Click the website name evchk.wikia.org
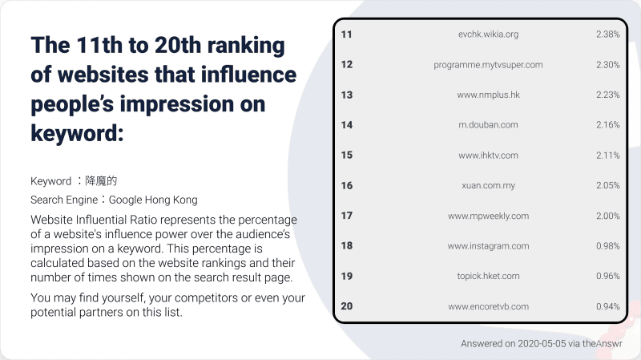(x=488, y=34)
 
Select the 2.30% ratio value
(x=607, y=65)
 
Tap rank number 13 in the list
(x=347, y=95)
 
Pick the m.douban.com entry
(x=488, y=125)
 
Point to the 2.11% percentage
(x=607, y=155)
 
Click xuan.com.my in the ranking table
(x=488, y=186)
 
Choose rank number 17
(x=347, y=216)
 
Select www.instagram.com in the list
(x=488, y=246)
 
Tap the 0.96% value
(x=607, y=276)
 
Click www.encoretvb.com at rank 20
(x=488, y=306)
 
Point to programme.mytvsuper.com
(x=488, y=65)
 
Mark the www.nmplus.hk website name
(x=488, y=95)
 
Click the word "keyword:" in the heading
(x=77, y=133)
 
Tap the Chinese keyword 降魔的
(x=101, y=181)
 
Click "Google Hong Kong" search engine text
(x=153, y=200)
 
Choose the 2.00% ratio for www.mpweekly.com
(x=607, y=216)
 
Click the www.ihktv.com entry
(x=488, y=156)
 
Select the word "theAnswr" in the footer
(x=603, y=344)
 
